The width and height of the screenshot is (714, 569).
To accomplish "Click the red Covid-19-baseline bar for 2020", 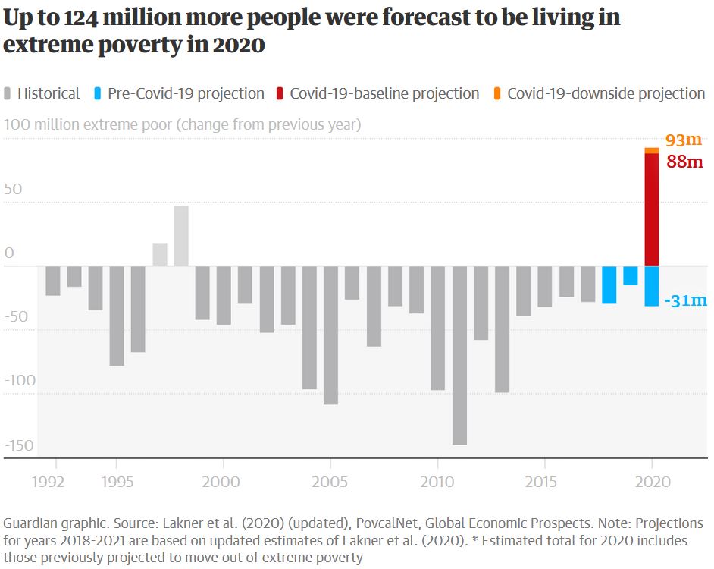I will click(652, 209).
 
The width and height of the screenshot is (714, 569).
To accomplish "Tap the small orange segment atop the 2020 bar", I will click(652, 150).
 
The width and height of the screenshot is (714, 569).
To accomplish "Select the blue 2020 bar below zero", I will click(652, 286).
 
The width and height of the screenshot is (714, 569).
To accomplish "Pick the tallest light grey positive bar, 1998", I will click(181, 236).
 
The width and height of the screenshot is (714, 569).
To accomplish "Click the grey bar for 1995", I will click(117, 316).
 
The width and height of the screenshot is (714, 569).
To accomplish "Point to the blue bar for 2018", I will click(609, 284).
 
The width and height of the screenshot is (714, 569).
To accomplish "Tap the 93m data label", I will click(684, 140).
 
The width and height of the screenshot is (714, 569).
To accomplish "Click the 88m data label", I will click(684, 162).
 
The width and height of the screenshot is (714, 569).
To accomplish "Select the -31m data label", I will click(684, 300).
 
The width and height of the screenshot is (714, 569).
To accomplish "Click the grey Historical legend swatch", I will click(9, 93).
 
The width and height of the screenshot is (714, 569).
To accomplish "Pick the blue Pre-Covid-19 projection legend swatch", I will click(99, 93).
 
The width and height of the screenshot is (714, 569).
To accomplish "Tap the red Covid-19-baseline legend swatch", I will click(280, 93).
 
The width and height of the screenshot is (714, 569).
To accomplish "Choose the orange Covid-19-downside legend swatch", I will click(497, 93).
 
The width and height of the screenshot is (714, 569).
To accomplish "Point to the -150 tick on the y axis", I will click(19, 445).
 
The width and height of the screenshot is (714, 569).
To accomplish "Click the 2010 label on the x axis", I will click(437, 483).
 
